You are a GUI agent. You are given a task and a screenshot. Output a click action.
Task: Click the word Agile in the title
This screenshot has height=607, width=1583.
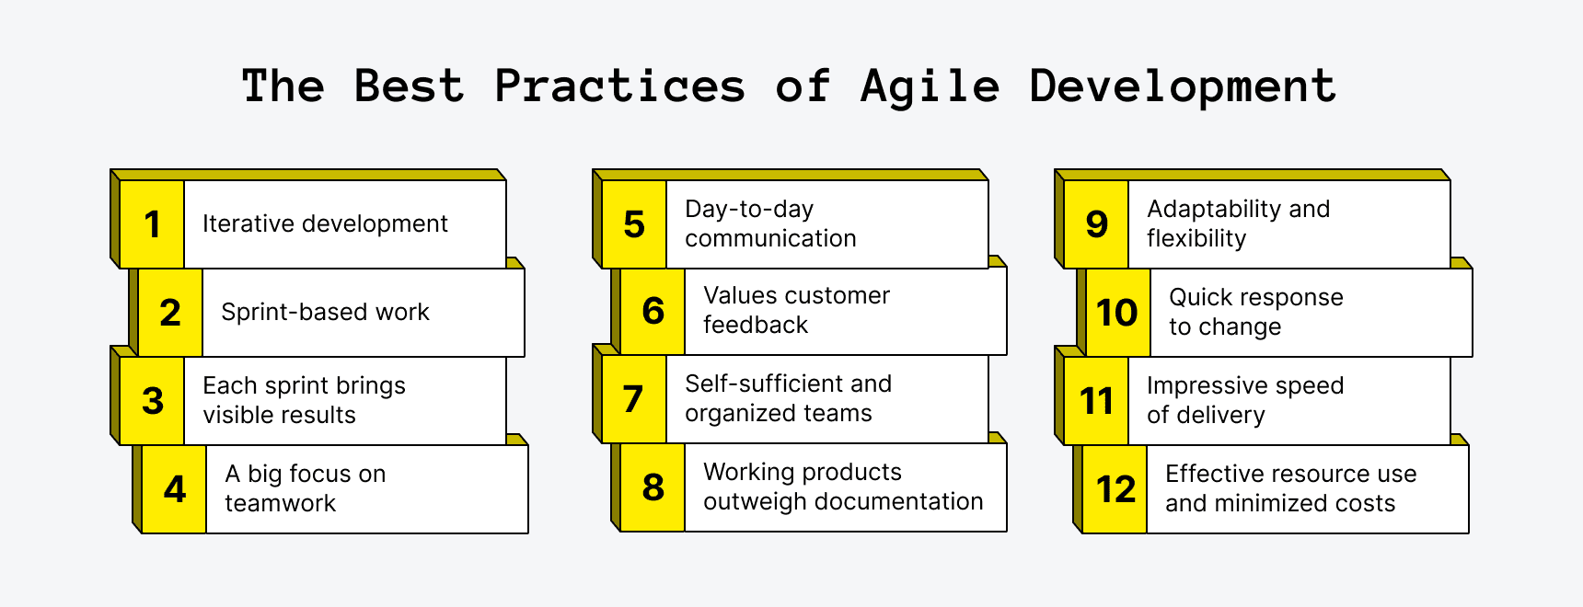point(930,87)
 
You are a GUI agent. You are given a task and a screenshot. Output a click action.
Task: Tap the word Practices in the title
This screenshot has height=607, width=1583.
point(619,87)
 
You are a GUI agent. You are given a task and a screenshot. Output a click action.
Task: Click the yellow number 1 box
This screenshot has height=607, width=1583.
point(152,224)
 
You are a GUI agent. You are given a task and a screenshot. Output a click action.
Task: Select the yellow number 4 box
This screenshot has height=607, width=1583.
point(174,489)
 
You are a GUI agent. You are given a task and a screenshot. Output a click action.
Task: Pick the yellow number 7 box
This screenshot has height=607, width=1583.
point(633,399)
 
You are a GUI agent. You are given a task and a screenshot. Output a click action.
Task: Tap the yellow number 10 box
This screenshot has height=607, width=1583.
point(1117,313)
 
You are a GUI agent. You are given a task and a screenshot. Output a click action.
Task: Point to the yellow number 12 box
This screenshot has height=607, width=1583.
point(1115,489)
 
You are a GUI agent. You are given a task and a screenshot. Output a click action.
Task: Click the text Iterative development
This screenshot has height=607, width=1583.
point(325,223)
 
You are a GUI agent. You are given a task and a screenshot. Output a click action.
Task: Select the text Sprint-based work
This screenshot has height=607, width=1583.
point(325,312)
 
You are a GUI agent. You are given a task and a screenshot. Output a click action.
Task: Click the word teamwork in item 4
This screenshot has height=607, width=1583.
point(280,503)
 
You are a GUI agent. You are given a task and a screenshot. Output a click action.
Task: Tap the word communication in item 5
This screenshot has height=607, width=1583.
point(770,238)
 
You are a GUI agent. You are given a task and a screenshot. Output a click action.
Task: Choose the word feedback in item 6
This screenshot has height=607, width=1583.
point(755,325)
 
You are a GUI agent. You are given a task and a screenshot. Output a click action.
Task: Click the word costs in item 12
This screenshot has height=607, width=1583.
point(1366,503)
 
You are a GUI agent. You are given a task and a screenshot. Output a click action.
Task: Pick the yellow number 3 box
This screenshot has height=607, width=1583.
point(152,401)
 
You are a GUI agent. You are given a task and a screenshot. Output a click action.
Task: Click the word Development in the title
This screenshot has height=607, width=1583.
point(1182,87)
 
